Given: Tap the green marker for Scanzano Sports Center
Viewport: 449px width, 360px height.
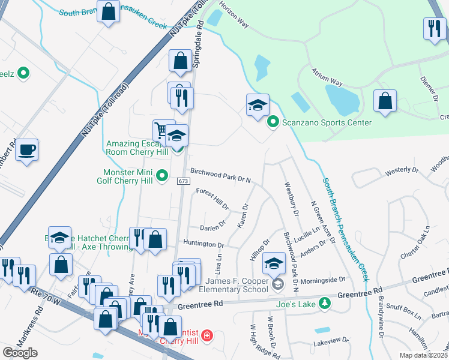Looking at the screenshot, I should (x=272, y=122).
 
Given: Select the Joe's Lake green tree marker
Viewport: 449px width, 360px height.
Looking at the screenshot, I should (x=325, y=303).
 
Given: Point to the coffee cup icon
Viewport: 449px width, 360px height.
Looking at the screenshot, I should (x=26, y=150).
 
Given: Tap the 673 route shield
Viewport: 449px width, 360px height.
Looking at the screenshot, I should (x=184, y=181).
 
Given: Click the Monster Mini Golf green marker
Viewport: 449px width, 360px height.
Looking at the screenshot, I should (x=161, y=176).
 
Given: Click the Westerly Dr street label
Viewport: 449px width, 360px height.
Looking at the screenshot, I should (x=402, y=170).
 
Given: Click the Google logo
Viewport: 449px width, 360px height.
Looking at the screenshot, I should (x=20, y=353).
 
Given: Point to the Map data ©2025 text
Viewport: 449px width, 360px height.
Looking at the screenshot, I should (x=424, y=355).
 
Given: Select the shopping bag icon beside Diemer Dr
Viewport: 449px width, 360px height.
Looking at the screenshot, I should (x=385, y=101).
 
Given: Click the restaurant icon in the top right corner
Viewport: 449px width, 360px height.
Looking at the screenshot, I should (x=433, y=29).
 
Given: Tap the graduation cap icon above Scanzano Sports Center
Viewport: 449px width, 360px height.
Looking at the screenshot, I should (x=257, y=106).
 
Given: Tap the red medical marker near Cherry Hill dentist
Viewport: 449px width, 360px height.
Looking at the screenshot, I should (x=206, y=334).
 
